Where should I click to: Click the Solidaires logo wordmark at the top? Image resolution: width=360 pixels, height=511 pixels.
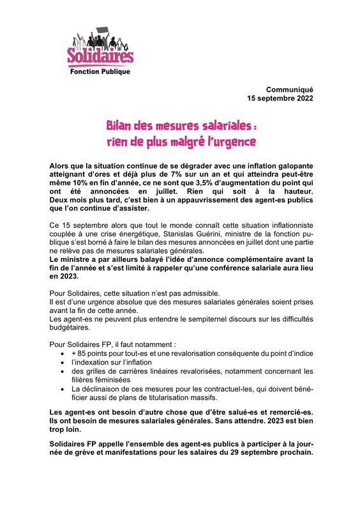(x=100, y=57)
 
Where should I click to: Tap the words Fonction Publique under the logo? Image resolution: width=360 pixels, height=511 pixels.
(x=100, y=72)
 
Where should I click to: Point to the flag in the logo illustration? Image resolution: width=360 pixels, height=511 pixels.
(x=105, y=31)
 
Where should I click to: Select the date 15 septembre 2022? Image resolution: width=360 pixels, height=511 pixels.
(x=280, y=98)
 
